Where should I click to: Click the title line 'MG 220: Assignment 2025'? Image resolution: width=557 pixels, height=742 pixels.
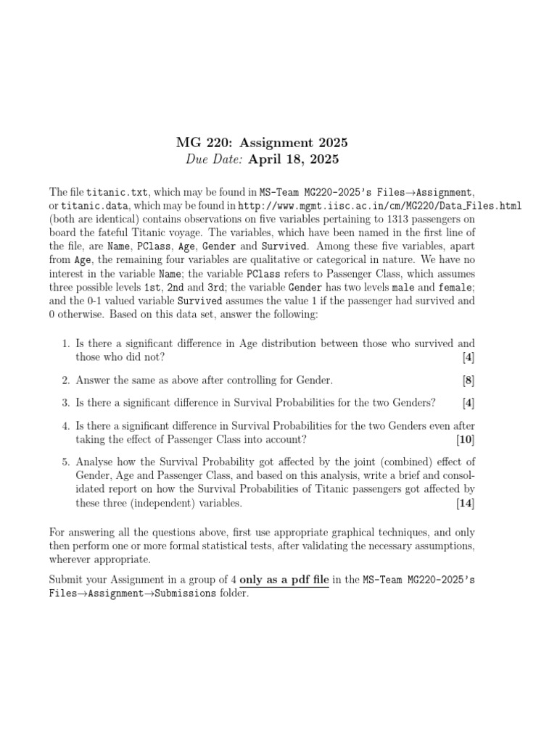point(257,143)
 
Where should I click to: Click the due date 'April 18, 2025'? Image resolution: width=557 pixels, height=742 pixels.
point(294,159)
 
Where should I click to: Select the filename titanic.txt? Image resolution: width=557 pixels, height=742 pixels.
point(117,193)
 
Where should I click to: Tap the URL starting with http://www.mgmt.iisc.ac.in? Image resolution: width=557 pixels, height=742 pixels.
point(379,206)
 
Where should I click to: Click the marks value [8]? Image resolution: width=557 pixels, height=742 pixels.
point(468,380)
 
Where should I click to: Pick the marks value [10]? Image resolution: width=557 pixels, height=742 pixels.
point(465,440)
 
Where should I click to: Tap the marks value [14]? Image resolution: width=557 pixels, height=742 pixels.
point(465,503)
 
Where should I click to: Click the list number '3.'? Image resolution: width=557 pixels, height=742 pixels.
point(65,402)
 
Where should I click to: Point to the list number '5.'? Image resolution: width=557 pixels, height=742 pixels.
point(65,462)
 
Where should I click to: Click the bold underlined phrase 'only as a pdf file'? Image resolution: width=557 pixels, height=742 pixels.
point(284,580)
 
